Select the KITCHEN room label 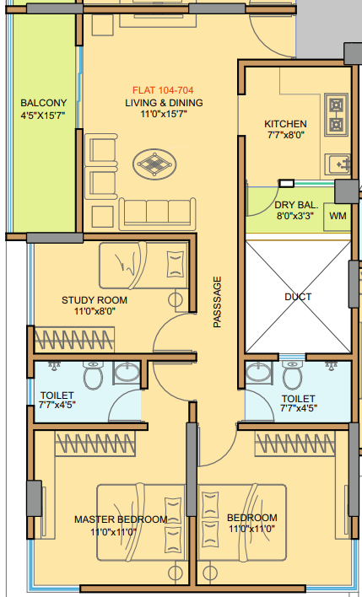coord(284,124)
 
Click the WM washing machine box coord(338,216)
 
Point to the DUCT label coord(297,297)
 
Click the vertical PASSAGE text coord(217,301)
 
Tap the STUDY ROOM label coord(95,299)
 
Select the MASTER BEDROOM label coord(120,519)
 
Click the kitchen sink coord(340,160)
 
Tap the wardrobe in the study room coord(74,341)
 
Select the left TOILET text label coord(57,395)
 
